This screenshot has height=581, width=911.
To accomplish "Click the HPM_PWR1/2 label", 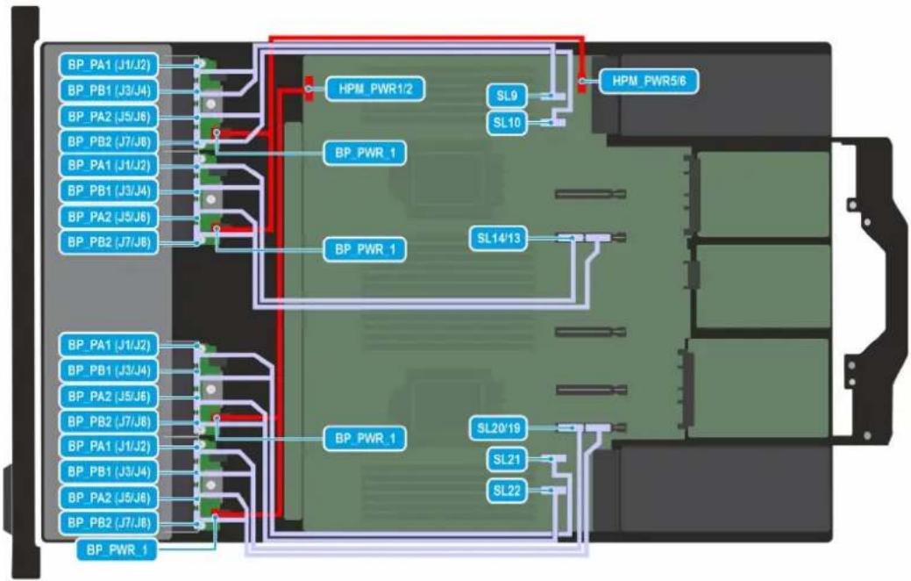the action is click(374, 89).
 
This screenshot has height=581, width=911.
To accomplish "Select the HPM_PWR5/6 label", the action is click(648, 80).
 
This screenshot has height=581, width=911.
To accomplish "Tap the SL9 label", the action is click(507, 96).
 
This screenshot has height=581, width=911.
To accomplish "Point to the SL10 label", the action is click(507, 123).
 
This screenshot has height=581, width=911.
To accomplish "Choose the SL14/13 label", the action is click(499, 238).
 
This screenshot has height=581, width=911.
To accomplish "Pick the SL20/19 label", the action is click(499, 428).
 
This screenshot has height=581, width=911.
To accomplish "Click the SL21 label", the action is click(507, 460).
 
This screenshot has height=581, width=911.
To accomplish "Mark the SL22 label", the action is click(507, 491).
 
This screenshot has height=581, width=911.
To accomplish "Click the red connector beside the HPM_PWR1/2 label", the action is click(310, 89).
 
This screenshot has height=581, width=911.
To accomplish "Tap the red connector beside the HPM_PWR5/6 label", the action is click(581, 81).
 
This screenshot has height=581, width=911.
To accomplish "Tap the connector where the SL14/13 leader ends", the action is click(569, 238).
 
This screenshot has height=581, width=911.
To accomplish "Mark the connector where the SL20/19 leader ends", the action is click(569, 428).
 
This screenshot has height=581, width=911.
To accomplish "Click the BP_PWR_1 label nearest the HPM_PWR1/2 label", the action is click(365, 153).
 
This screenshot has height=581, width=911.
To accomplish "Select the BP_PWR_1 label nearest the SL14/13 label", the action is click(365, 249).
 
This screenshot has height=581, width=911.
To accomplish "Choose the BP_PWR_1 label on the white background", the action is click(117, 549).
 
